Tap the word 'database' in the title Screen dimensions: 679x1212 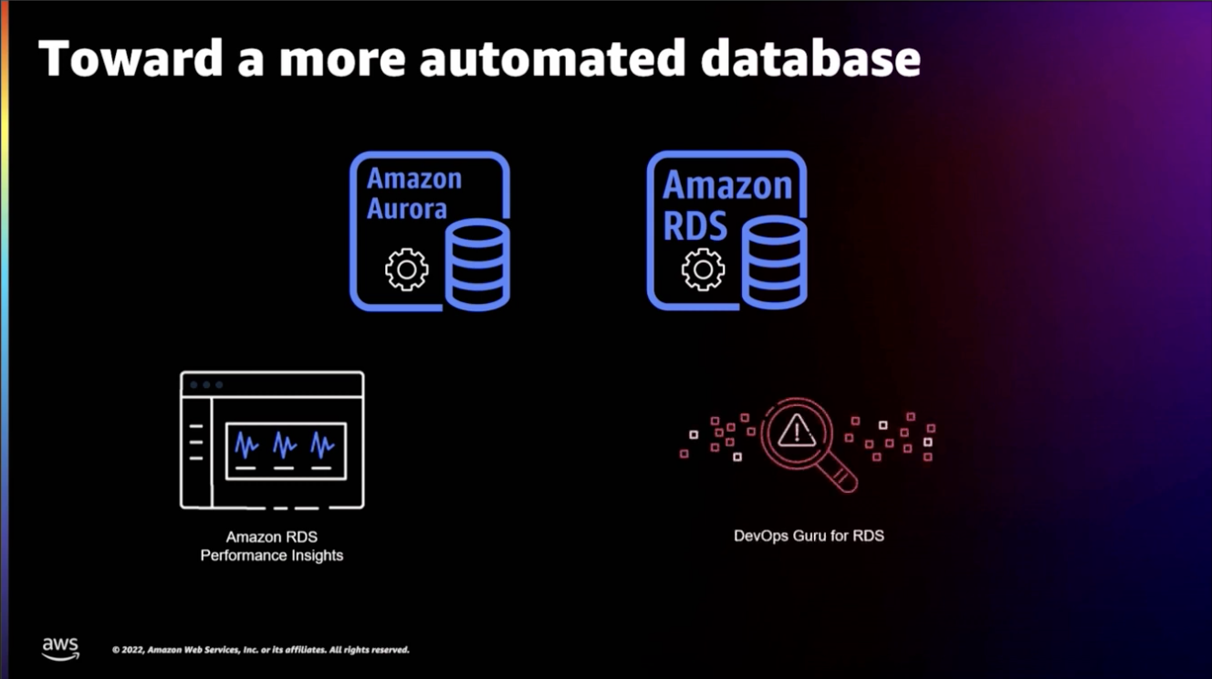pyautogui.click(x=810, y=58)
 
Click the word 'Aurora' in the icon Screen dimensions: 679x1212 pyautogui.click(x=407, y=209)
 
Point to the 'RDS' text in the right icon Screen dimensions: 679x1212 pyautogui.click(x=695, y=225)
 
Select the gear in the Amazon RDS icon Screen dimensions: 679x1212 pyautogui.click(x=703, y=270)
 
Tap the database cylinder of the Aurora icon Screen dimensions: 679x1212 pyautogui.click(x=476, y=265)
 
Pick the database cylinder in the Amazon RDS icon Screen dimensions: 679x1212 pyautogui.click(x=774, y=265)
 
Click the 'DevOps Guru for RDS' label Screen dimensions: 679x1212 pyautogui.click(x=809, y=536)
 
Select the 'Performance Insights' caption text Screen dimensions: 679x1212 pyautogui.click(x=272, y=555)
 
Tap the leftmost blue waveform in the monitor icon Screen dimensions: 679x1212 pyautogui.click(x=246, y=444)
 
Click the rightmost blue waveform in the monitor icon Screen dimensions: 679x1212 pyautogui.click(x=322, y=444)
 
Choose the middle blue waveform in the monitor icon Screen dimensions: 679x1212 pyautogui.click(x=285, y=444)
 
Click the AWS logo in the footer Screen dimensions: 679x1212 pyautogui.click(x=60, y=648)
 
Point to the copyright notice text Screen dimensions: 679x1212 pyautogui.click(x=260, y=650)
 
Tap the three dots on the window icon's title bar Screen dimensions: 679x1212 pyautogui.click(x=206, y=385)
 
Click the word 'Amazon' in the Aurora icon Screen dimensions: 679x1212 pyautogui.click(x=414, y=179)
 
